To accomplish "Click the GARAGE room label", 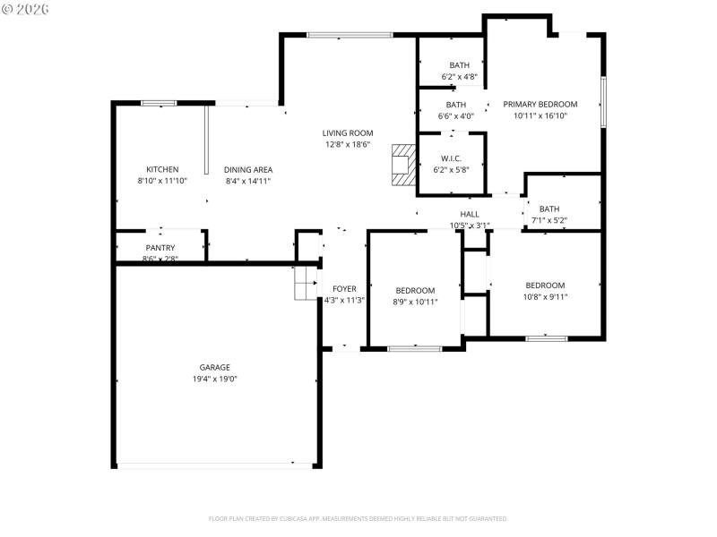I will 214,367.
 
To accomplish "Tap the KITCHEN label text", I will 162,169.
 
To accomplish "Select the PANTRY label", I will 160,248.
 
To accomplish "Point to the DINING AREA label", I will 248,169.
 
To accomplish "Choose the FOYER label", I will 344,289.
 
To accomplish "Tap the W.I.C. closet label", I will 451,158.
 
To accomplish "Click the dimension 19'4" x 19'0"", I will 214,379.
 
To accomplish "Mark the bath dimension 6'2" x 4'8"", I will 459,77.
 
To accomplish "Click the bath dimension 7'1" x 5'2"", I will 549,220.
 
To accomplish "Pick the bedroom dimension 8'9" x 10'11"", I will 415,302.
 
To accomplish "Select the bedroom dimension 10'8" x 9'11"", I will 545,297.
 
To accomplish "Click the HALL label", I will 470,214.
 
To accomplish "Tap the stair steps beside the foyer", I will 307,282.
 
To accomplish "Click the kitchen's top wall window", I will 158,103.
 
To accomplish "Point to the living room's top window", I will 349,35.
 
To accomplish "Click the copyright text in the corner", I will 27,9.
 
